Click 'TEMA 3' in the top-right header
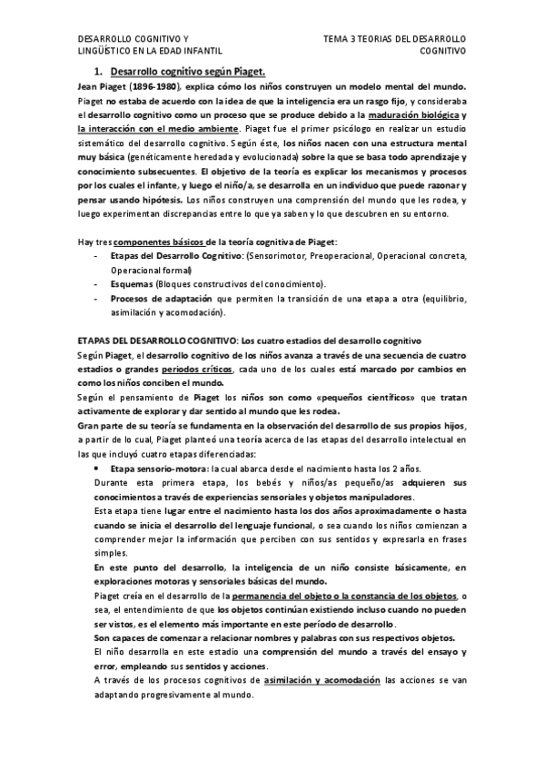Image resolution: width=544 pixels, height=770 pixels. click(341, 39)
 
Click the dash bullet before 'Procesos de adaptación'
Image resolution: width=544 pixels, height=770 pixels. click(97, 298)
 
